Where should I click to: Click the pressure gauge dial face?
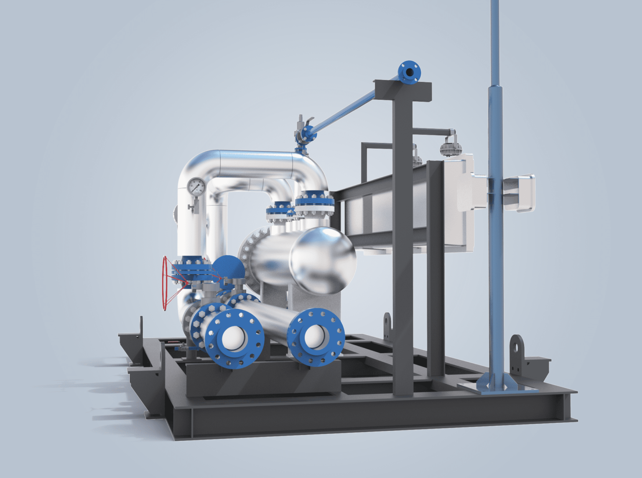pyautogui.click(x=196, y=187)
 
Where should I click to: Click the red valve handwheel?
pyautogui.click(x=166, y=284)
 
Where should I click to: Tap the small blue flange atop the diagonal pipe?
pyautogui.click(x=409, y=72)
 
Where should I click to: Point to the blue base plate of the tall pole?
pyautogui.click(x=497, y=385)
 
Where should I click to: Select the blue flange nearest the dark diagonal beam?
pyautogui.click(x=314, y=203)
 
